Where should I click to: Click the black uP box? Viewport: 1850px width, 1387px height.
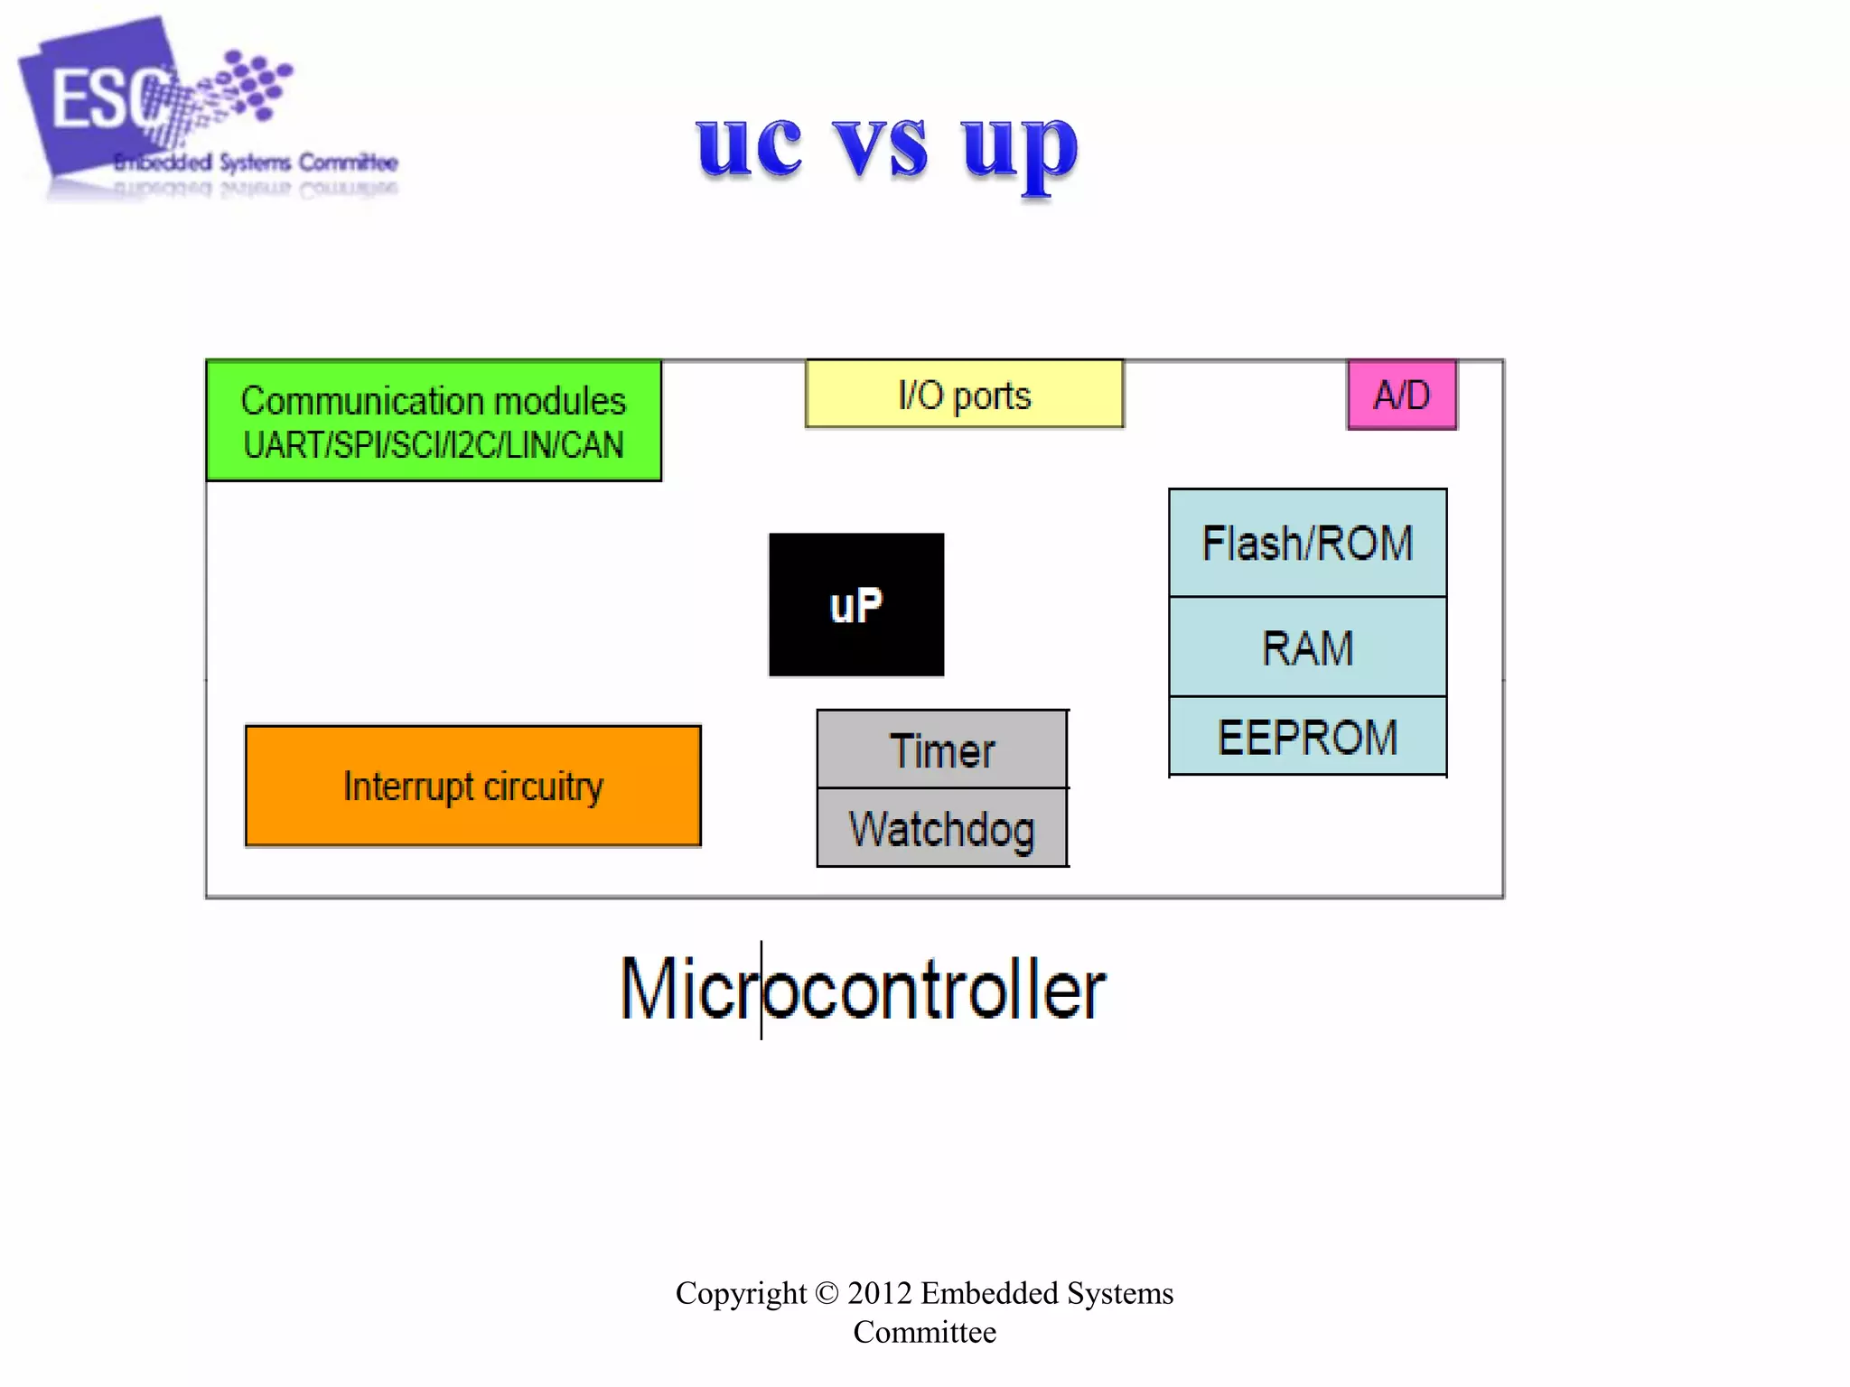[856, 604]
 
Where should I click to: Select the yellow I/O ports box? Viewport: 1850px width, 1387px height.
[964, 395]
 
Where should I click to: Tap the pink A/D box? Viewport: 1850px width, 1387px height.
[1401, 395]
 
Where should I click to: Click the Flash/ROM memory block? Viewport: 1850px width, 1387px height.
[1307, 544]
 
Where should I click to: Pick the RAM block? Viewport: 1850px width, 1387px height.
[1307, 648]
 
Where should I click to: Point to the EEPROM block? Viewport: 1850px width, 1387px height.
[1307, 737]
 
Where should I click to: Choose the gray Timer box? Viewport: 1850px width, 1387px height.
[942, 750]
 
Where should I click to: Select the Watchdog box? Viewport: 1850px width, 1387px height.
[942, 829]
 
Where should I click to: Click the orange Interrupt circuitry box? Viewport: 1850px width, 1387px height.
[472, 786]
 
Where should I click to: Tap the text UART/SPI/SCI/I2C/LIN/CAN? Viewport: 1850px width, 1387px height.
[434, 445]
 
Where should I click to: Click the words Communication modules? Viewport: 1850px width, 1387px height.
[434, 401]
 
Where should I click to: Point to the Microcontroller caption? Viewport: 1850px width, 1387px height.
[863, 990]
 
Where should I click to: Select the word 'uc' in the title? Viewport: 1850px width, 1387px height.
[749, 146]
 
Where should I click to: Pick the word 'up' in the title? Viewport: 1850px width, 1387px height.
[1019, 149]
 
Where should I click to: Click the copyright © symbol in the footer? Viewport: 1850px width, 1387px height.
[827, 1293]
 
